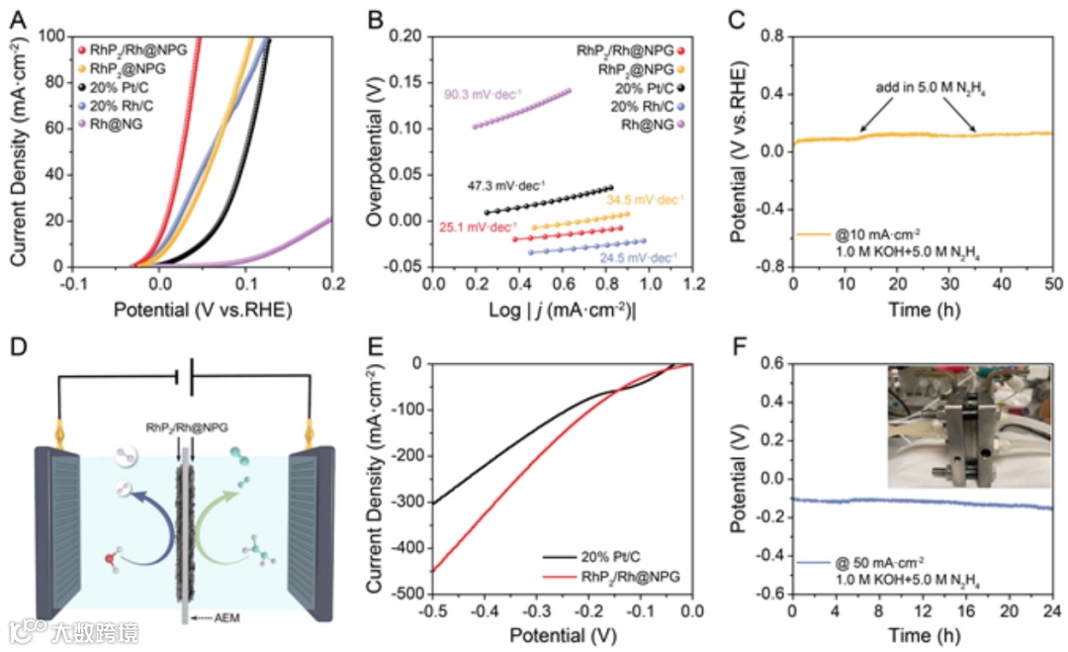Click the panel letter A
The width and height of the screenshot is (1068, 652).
coord(17,18)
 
